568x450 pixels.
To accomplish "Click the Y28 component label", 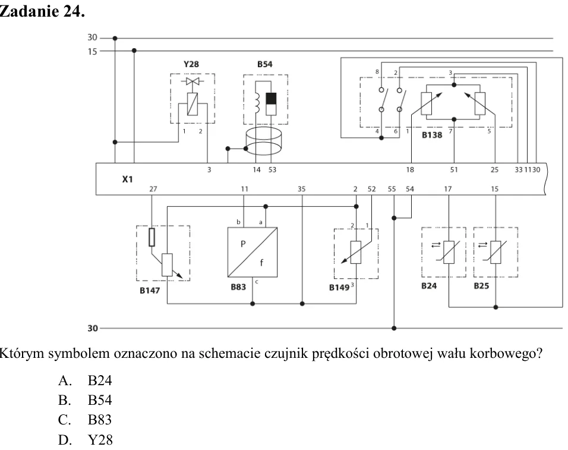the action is point(191,64).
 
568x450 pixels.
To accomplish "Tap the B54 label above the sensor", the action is point(265,64).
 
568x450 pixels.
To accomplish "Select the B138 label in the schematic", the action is point(432,135).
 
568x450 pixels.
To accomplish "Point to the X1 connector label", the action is point(127,180).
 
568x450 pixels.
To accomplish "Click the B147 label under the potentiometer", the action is point(150,291).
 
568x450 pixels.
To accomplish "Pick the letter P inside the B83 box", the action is point(243,244).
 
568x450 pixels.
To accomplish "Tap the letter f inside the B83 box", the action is point(261,262).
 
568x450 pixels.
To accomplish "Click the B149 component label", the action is point(339,288).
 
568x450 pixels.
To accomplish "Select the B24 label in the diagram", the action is point(429,286).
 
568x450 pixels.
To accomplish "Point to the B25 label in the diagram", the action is point(481,286).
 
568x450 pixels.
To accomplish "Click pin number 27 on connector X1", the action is point(153,189).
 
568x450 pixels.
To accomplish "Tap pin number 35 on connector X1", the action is point(301,189).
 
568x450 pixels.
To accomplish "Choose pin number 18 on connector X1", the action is point(410,169).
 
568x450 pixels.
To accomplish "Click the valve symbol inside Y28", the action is point(193,81).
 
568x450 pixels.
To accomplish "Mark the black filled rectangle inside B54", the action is point(271,99).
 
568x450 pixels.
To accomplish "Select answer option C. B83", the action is point(85,420).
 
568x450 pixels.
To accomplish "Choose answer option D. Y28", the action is point(86,440).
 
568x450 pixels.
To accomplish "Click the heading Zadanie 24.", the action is point(42,11).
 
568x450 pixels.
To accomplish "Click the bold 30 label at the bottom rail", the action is point(93,328).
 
